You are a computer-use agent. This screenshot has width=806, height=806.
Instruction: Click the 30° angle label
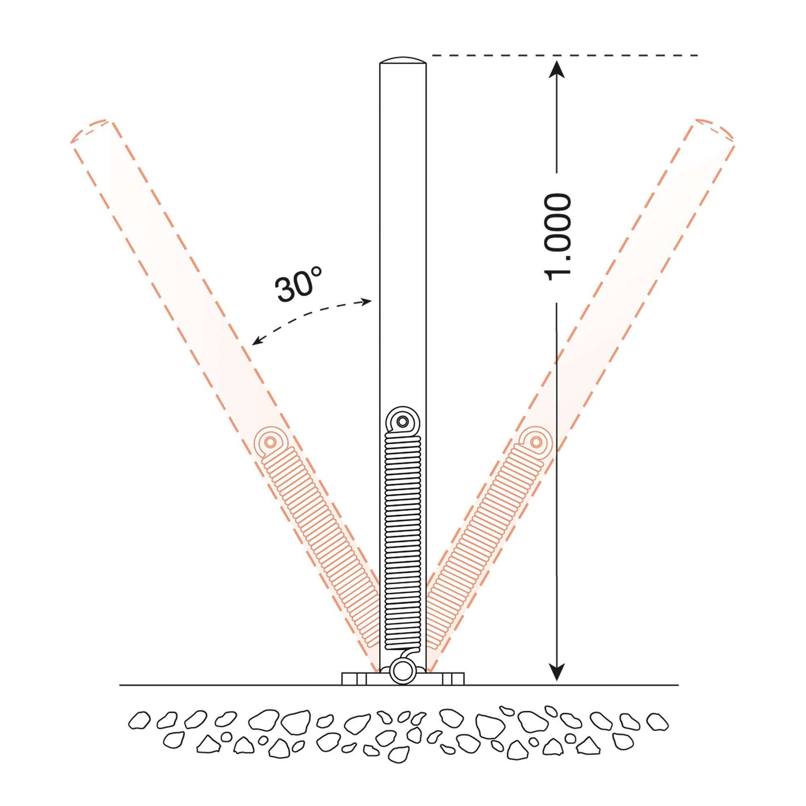298,284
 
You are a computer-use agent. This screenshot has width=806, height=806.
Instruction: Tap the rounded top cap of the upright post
403,60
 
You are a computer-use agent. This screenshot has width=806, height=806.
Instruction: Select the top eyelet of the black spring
402,421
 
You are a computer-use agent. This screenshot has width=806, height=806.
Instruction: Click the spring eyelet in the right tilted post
536,442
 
